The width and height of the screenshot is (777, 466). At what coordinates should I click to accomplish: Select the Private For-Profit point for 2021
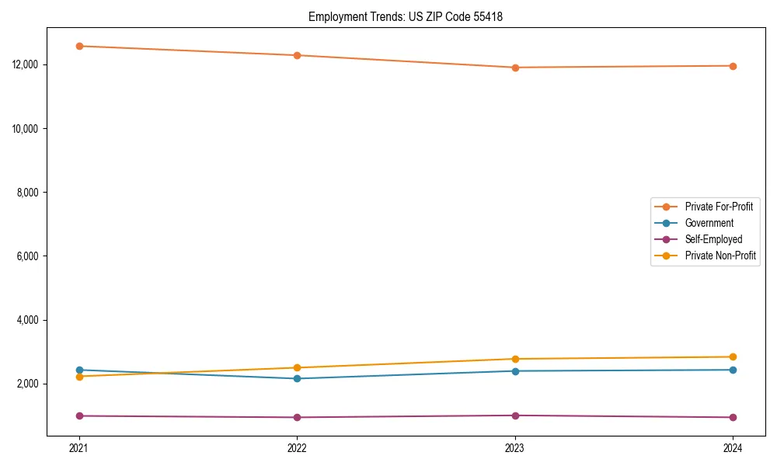click(x=79, y=46)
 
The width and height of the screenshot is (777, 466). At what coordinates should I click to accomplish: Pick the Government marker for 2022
click(x=297, y=378)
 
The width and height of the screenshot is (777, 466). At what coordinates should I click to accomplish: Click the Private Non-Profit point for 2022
click(x=297, y=367)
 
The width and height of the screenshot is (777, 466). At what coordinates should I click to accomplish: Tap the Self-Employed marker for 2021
click(x=79, y=416)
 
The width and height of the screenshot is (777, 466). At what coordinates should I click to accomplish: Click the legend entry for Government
click(x=709, y=223)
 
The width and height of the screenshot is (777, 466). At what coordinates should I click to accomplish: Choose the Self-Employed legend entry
click(x=713, y=239)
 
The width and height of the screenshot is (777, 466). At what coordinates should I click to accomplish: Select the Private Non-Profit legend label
click(x=720, y=256)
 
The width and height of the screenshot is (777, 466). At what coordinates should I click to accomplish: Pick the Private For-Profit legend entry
click(x=719, y=207)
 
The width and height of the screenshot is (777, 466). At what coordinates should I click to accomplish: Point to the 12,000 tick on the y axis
click(x=26, y=64)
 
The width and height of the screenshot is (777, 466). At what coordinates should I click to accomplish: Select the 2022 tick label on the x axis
click(x=297, y=447)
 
